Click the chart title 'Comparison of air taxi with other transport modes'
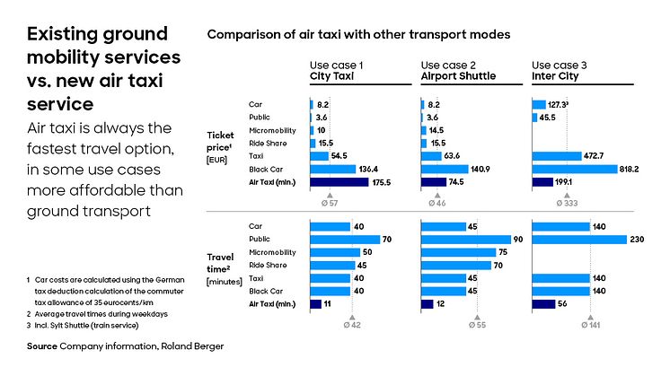[359, 34]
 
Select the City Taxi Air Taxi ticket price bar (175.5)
[339, 181]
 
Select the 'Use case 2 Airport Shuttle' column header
[457, 71]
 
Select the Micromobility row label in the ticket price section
[269, 130]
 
